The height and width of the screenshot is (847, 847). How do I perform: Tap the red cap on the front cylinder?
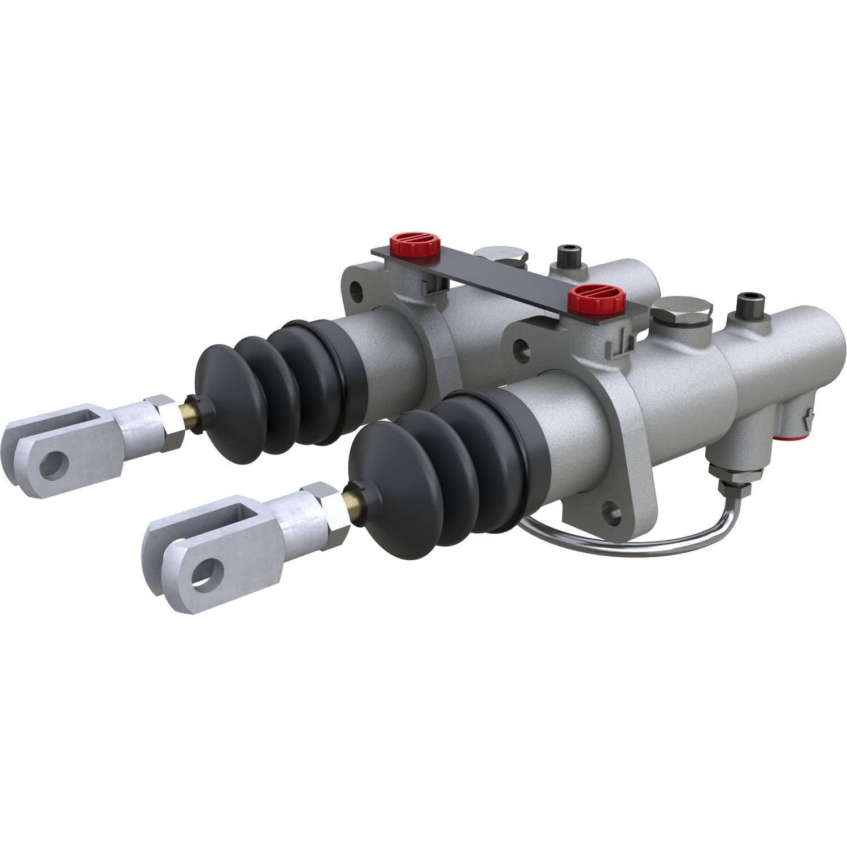(591, 298)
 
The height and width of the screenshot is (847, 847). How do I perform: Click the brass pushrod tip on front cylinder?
(351, 498)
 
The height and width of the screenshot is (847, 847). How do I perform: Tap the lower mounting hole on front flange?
(611, 513)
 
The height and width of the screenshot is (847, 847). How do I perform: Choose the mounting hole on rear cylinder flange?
(356, 291)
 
